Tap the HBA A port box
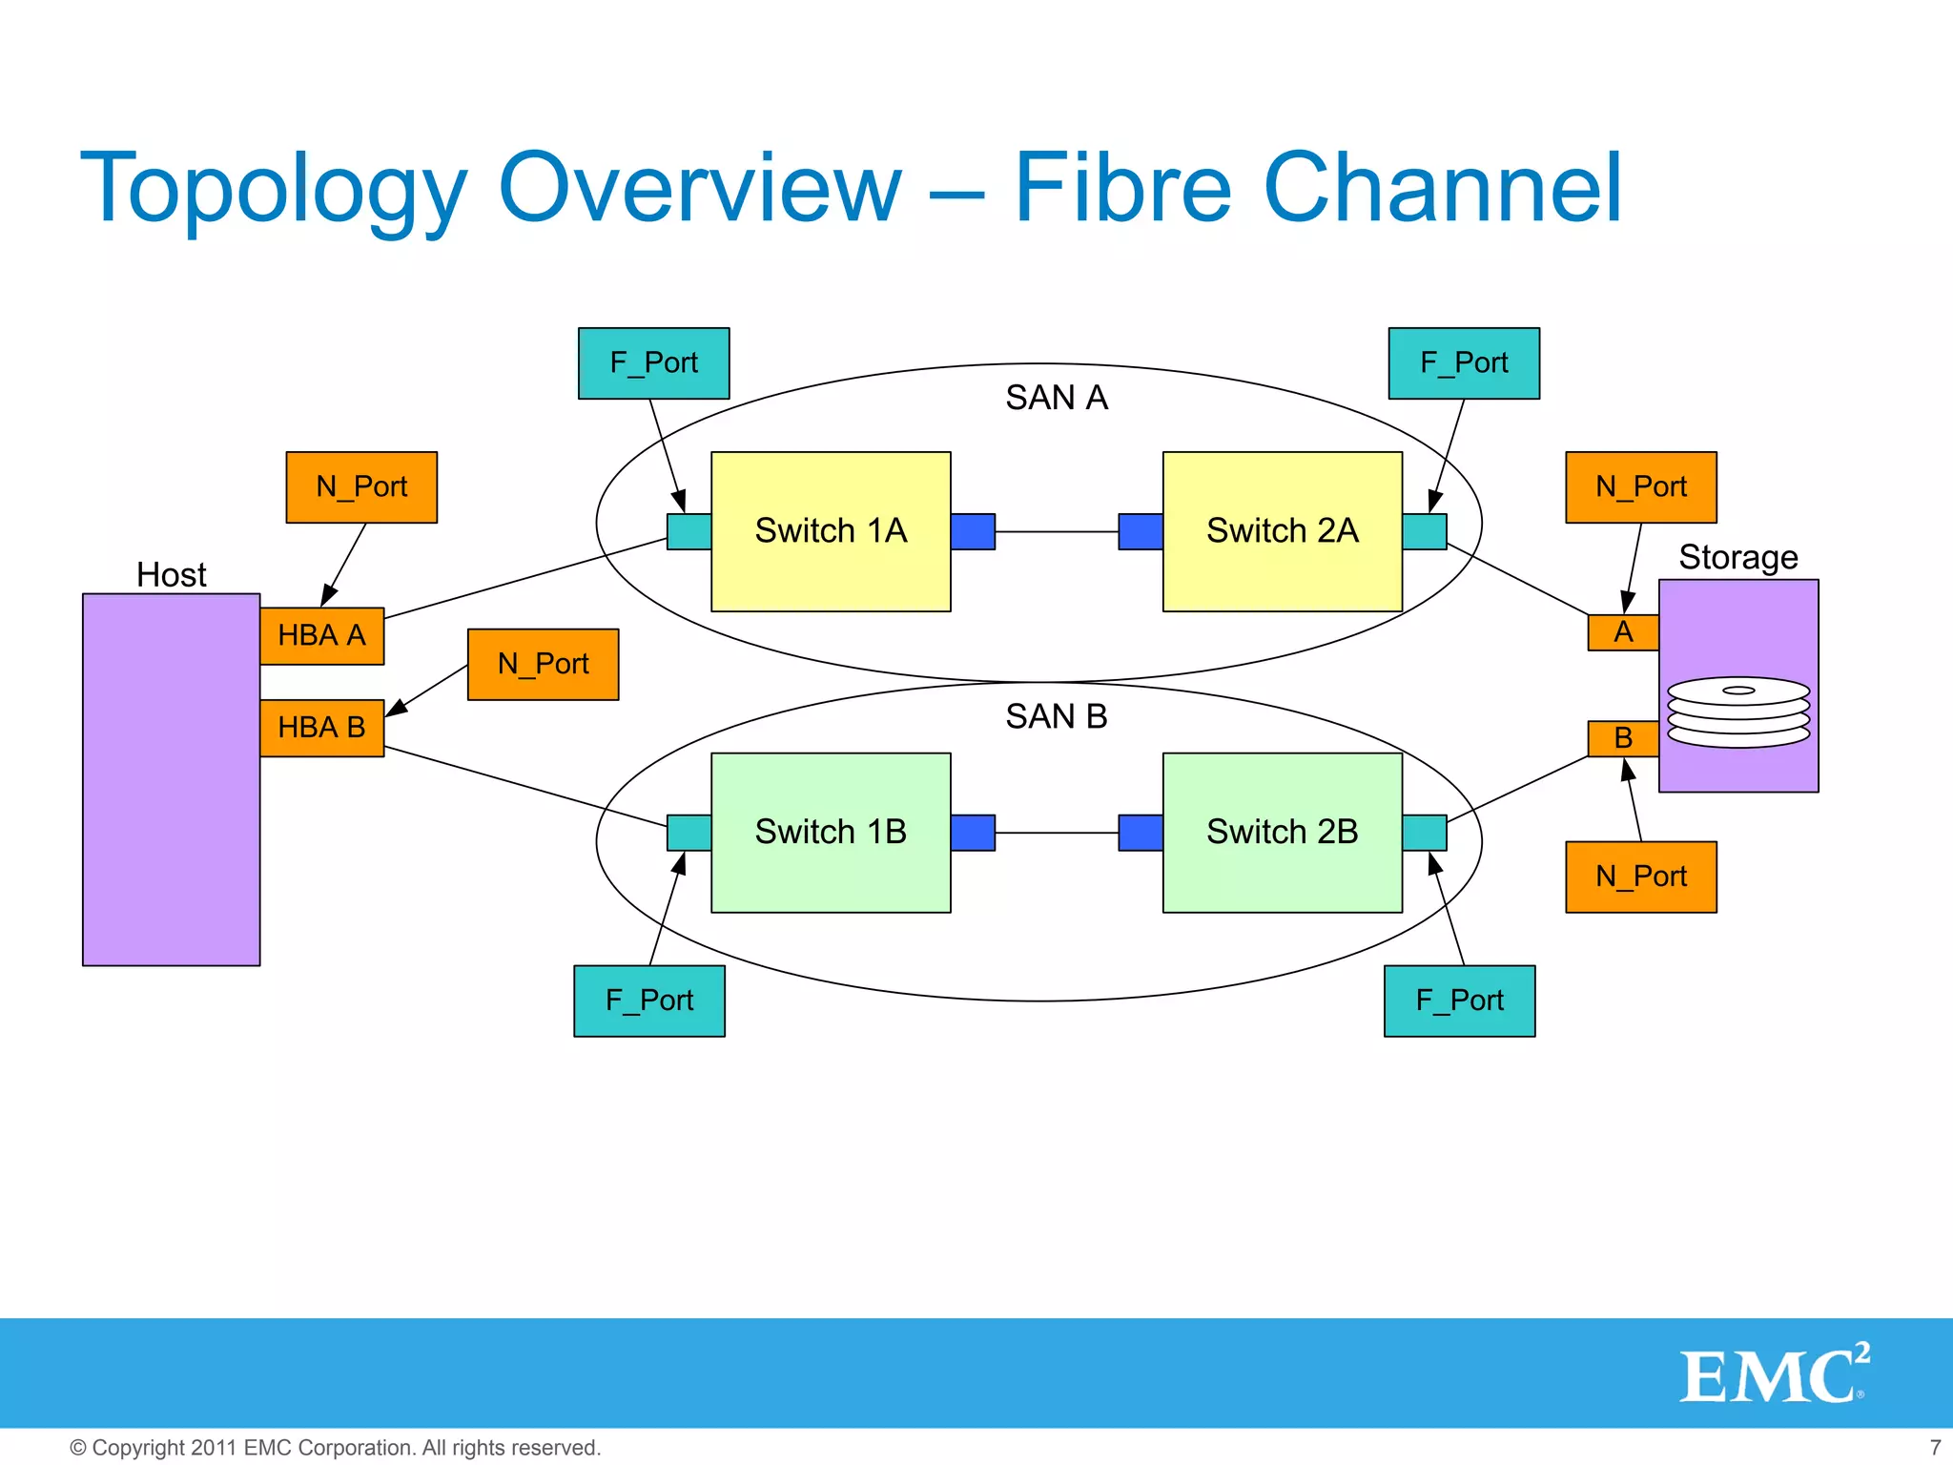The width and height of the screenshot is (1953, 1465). (321, 635)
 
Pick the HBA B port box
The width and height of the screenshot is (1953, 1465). (321, 728)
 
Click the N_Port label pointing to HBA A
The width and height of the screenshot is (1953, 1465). (361, 487)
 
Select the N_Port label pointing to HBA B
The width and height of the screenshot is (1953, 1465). (543, 664)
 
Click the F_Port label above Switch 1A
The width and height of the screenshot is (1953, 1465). (653, 363)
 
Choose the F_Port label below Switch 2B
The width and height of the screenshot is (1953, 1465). (1459, 1001)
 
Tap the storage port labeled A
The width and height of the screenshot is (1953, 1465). (1622, 632)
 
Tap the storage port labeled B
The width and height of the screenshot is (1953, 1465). (1622, 738)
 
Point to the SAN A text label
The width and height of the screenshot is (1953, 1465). (1056, 398)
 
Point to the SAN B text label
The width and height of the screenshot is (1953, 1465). (1056, 716)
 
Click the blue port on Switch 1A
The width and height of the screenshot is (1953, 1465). (973, 531)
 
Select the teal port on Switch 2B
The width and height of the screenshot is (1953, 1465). (1424, 832)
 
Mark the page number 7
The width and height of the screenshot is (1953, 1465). (1935, 1447)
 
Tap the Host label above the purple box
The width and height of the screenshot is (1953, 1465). (171, 575)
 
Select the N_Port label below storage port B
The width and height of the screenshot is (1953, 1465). (1640, 877)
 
